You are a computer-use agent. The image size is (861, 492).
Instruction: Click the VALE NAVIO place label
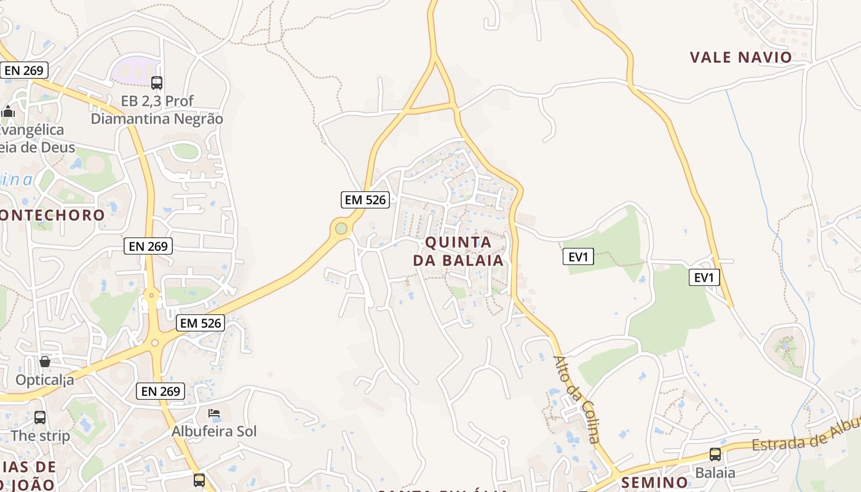(740, 57)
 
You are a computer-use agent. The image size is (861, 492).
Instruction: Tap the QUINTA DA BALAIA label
(458, 251)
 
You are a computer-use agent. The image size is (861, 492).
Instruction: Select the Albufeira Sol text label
(214, 430)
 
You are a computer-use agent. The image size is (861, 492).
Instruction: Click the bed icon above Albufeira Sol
(214, 413)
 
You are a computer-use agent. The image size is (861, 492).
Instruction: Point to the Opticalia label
(45, 379)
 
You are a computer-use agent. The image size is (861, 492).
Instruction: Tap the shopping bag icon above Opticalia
(45, 362)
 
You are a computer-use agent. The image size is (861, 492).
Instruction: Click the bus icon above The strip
(40, 418)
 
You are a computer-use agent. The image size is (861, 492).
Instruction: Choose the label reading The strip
(41, 435)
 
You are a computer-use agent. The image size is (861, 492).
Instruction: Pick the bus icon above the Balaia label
(715, 454)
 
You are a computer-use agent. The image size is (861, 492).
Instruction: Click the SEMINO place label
(654, 482)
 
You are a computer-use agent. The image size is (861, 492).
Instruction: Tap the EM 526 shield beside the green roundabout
(365, 199)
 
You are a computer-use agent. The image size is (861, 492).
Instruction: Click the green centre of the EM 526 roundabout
(341, 229)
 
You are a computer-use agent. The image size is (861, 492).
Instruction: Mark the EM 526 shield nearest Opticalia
(200, 322)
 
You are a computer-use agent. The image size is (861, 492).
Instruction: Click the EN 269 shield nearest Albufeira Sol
(161, 391)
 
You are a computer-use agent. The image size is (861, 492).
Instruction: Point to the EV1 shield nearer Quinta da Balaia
(578, 256)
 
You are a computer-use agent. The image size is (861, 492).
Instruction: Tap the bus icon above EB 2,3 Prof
(157, 82)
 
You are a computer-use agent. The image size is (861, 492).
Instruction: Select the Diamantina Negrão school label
(157, 118)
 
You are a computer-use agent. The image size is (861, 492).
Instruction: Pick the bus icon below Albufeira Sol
(199, 480)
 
